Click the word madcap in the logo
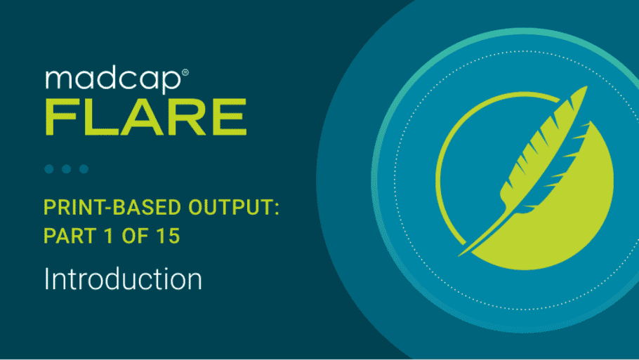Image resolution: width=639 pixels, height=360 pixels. click(x=113, y=80)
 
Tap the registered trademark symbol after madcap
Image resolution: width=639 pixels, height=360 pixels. click(x=185, y=72)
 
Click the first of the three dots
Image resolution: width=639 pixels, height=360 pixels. click(x=49, y=168)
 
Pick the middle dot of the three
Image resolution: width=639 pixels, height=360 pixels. click(x=67, y=168)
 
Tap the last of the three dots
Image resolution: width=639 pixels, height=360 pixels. click(x=84, y=168)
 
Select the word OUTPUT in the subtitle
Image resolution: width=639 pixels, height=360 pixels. click(x=230, y=207)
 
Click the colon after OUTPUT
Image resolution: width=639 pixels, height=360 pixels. click(x=277, y=209)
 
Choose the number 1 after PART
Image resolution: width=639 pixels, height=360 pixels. click(x=109, y=236)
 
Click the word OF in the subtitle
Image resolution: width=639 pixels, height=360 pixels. click(x=135, y=236)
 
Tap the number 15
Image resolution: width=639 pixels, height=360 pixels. click(x=169, y=236)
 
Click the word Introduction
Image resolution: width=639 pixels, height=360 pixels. click(x=123, y=279)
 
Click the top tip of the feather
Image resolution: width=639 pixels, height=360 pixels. click(x=586, y=86)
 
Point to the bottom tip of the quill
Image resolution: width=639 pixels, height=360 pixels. click(x=459, y=255)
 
